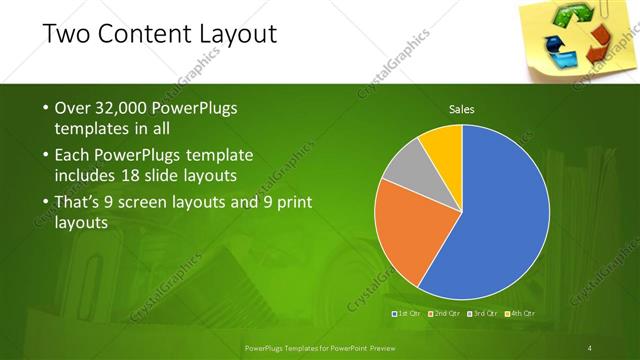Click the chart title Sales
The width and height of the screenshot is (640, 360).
tap(461, 109)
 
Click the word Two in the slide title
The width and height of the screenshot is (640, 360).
tap(67, 35)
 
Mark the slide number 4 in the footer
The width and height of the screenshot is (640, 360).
tap(590, 347)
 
